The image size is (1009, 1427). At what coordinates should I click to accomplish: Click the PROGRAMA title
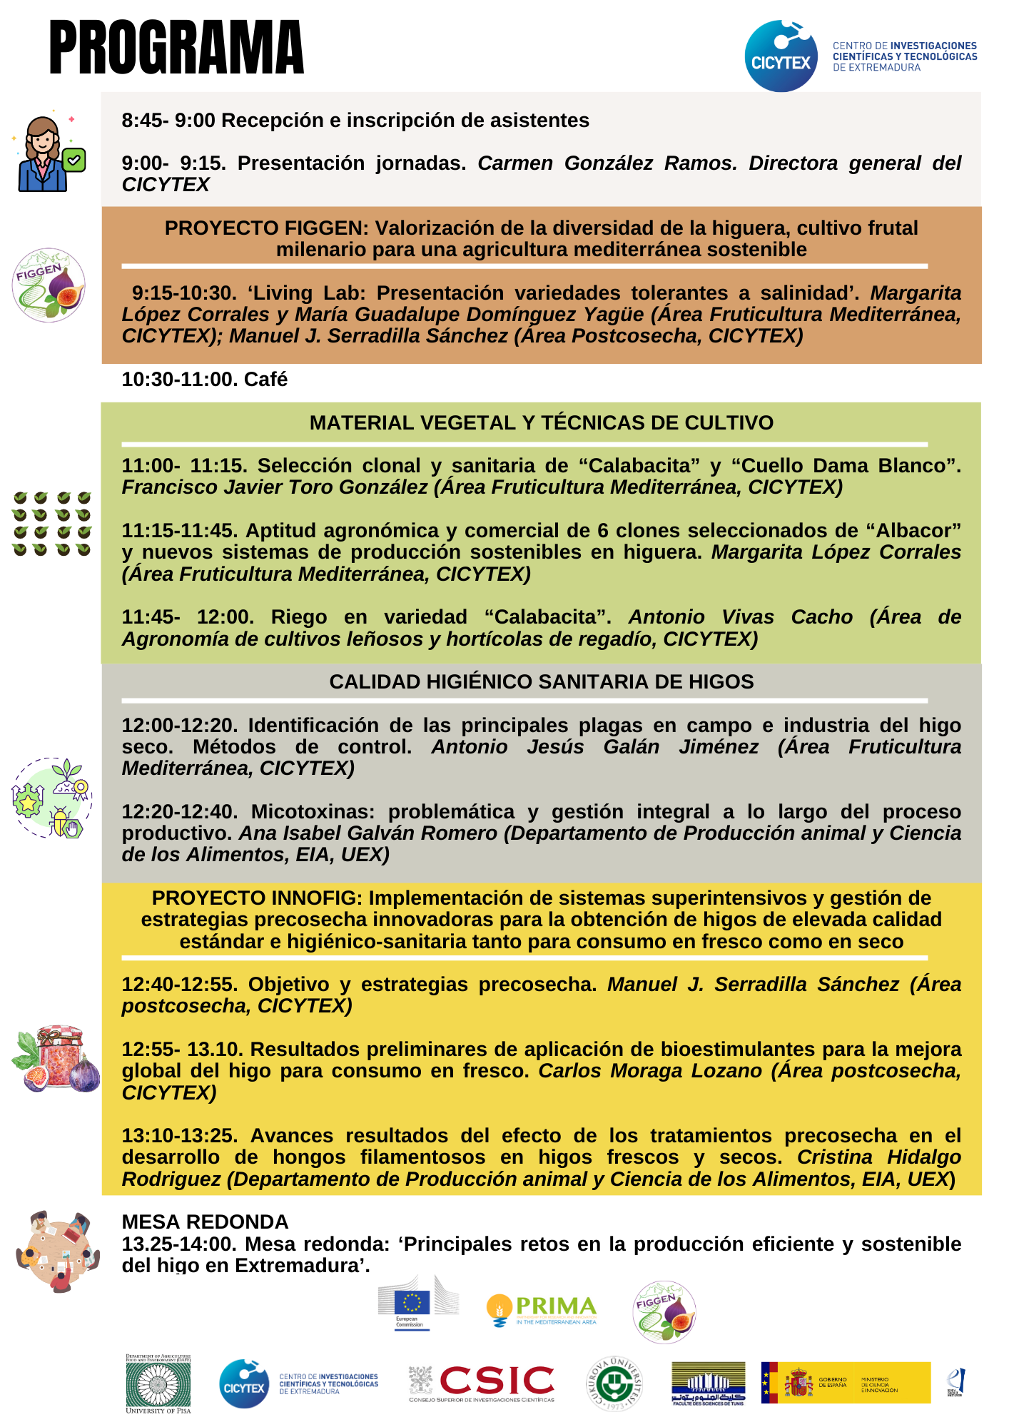click(176, 48)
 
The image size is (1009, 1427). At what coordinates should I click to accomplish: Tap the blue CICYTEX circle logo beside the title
click(781, 56)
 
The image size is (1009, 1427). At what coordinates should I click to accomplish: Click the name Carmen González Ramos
click(607, 163)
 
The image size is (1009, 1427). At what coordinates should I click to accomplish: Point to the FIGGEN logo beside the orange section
click(49, 285)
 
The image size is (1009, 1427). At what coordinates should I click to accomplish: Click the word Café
click(265, 380)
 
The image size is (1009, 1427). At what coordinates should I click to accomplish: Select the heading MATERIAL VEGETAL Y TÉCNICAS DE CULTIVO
click(541, 423)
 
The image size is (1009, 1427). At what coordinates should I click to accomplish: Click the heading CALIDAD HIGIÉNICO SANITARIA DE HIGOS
click(541, 682)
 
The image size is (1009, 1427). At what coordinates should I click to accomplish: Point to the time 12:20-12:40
click(180, 812)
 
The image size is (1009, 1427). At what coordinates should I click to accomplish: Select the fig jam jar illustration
click(56, 1059)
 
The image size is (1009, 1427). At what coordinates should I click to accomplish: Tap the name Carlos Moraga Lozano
click(649, 1071)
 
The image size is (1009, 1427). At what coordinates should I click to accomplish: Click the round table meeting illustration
click(57, 1251)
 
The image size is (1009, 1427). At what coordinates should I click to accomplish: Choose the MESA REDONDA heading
click(205, 1222)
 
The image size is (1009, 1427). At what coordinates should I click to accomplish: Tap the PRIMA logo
click(542, 1309)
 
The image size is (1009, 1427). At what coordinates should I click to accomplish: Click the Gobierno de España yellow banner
click(846, 1383)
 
